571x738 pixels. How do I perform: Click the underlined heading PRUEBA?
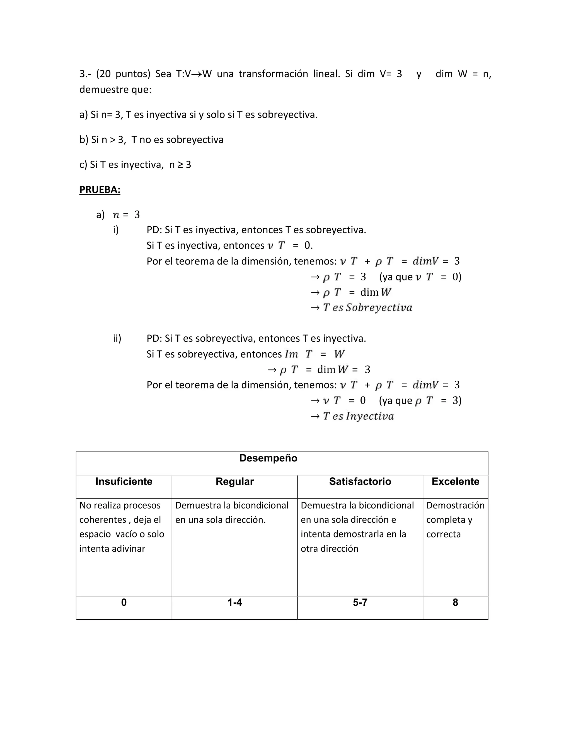point(100,190)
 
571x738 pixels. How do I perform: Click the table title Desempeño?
point(268,458)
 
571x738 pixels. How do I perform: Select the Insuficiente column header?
point(124,482)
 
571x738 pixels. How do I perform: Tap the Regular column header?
point(234,482)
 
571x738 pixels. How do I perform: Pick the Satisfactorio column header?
point(360,482)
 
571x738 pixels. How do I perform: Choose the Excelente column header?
point(455,482)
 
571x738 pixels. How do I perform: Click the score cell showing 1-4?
point(234,602)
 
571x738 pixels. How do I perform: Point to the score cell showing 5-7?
point(360,602)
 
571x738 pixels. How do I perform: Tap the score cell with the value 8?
point(455,602)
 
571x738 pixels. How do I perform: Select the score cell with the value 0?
point(124,602)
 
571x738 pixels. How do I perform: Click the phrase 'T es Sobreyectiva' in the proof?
point(367,307)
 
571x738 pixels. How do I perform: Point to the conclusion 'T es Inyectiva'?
point(358,416)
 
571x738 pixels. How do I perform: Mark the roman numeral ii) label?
point(117,338)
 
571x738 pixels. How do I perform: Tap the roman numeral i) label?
point(116,230)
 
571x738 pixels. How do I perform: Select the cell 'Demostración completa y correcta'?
point(455,520)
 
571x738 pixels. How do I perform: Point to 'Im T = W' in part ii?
point(314,354)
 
